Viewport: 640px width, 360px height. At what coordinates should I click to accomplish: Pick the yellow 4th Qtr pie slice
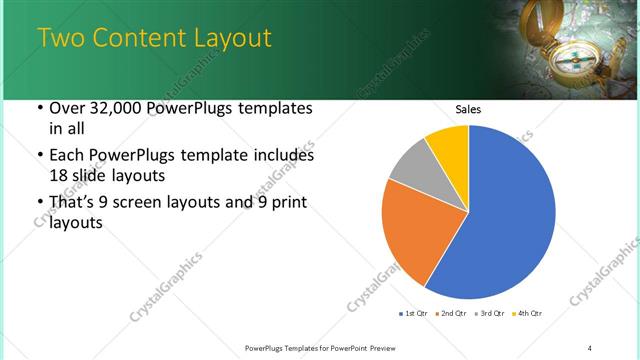coord(449,146)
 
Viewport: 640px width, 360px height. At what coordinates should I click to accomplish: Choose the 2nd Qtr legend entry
coord(451,314)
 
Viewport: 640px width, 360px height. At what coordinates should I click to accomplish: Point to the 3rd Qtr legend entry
coord(491,314)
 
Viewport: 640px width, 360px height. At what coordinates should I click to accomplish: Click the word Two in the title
coord(61,39)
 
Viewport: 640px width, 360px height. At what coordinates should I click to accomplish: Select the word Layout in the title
coord(232,39)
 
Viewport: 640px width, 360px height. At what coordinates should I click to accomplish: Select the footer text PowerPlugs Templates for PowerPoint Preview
coord(329,347)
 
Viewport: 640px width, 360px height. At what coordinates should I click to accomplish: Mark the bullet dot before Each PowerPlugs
coord(39,156)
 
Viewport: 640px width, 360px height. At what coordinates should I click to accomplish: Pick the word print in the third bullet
coord(282,204)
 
